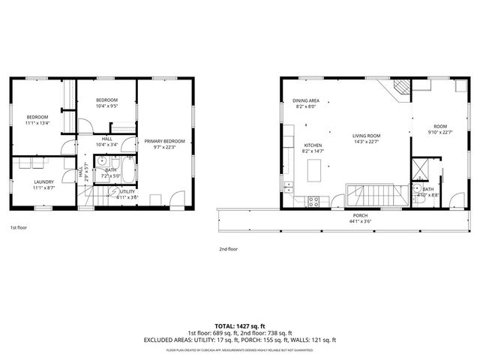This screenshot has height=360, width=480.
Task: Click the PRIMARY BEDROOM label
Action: coord(164,141)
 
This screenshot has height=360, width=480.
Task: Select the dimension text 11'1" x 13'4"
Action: coord(37,124)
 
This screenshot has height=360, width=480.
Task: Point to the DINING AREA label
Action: coord(306,100)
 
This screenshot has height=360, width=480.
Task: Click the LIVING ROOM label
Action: coord(367,136)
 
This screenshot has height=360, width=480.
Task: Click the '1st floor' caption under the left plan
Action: coord(19,226)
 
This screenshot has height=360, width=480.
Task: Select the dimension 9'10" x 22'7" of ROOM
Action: coord(439,133)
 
